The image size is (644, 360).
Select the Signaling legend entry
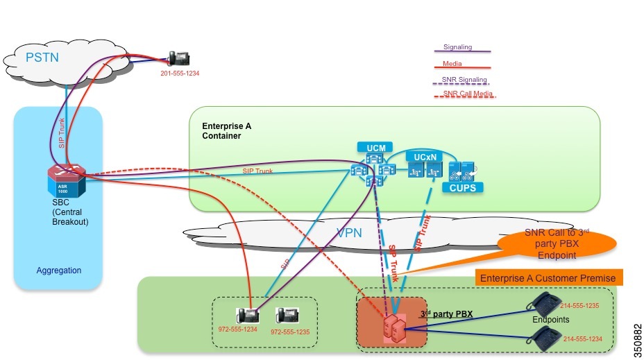[x=457, y=47]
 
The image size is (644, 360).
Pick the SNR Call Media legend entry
[x=466, y=93]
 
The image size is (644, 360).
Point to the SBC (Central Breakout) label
[x=70, y=213]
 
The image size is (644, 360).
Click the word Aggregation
[x=59, y=270]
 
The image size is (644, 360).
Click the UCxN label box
[x=421, y=157]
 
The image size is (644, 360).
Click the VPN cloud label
[x=349, y=232]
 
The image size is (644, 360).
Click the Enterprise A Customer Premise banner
[x=548, y=277]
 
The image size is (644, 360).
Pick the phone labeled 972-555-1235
[x=286, y=315]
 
